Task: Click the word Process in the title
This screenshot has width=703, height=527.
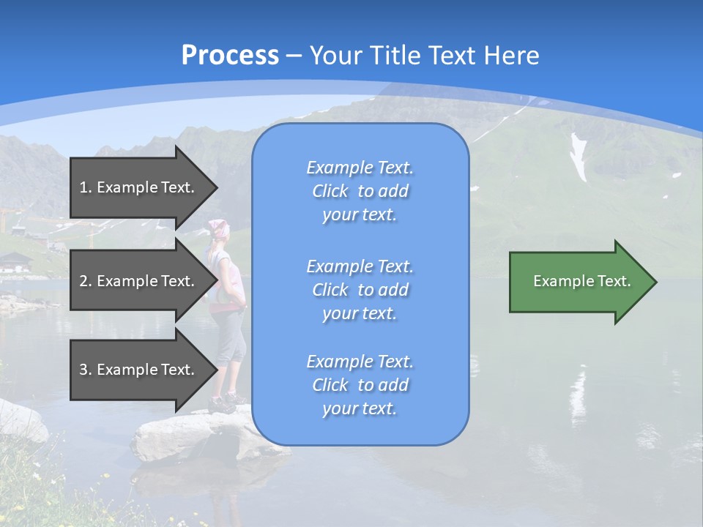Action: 230,56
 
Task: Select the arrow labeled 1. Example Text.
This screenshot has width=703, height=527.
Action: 139,187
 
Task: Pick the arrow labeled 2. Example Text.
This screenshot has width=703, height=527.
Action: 139,281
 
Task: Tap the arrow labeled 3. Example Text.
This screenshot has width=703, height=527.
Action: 139,370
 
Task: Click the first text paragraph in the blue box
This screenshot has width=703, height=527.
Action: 360,191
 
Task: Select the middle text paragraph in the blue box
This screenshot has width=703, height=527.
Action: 360,290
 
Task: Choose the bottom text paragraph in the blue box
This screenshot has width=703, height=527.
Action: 360,385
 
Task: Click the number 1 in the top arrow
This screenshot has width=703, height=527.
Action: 83,187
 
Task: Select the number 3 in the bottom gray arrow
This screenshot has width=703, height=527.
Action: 83,370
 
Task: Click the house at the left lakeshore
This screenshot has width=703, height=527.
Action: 15,262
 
